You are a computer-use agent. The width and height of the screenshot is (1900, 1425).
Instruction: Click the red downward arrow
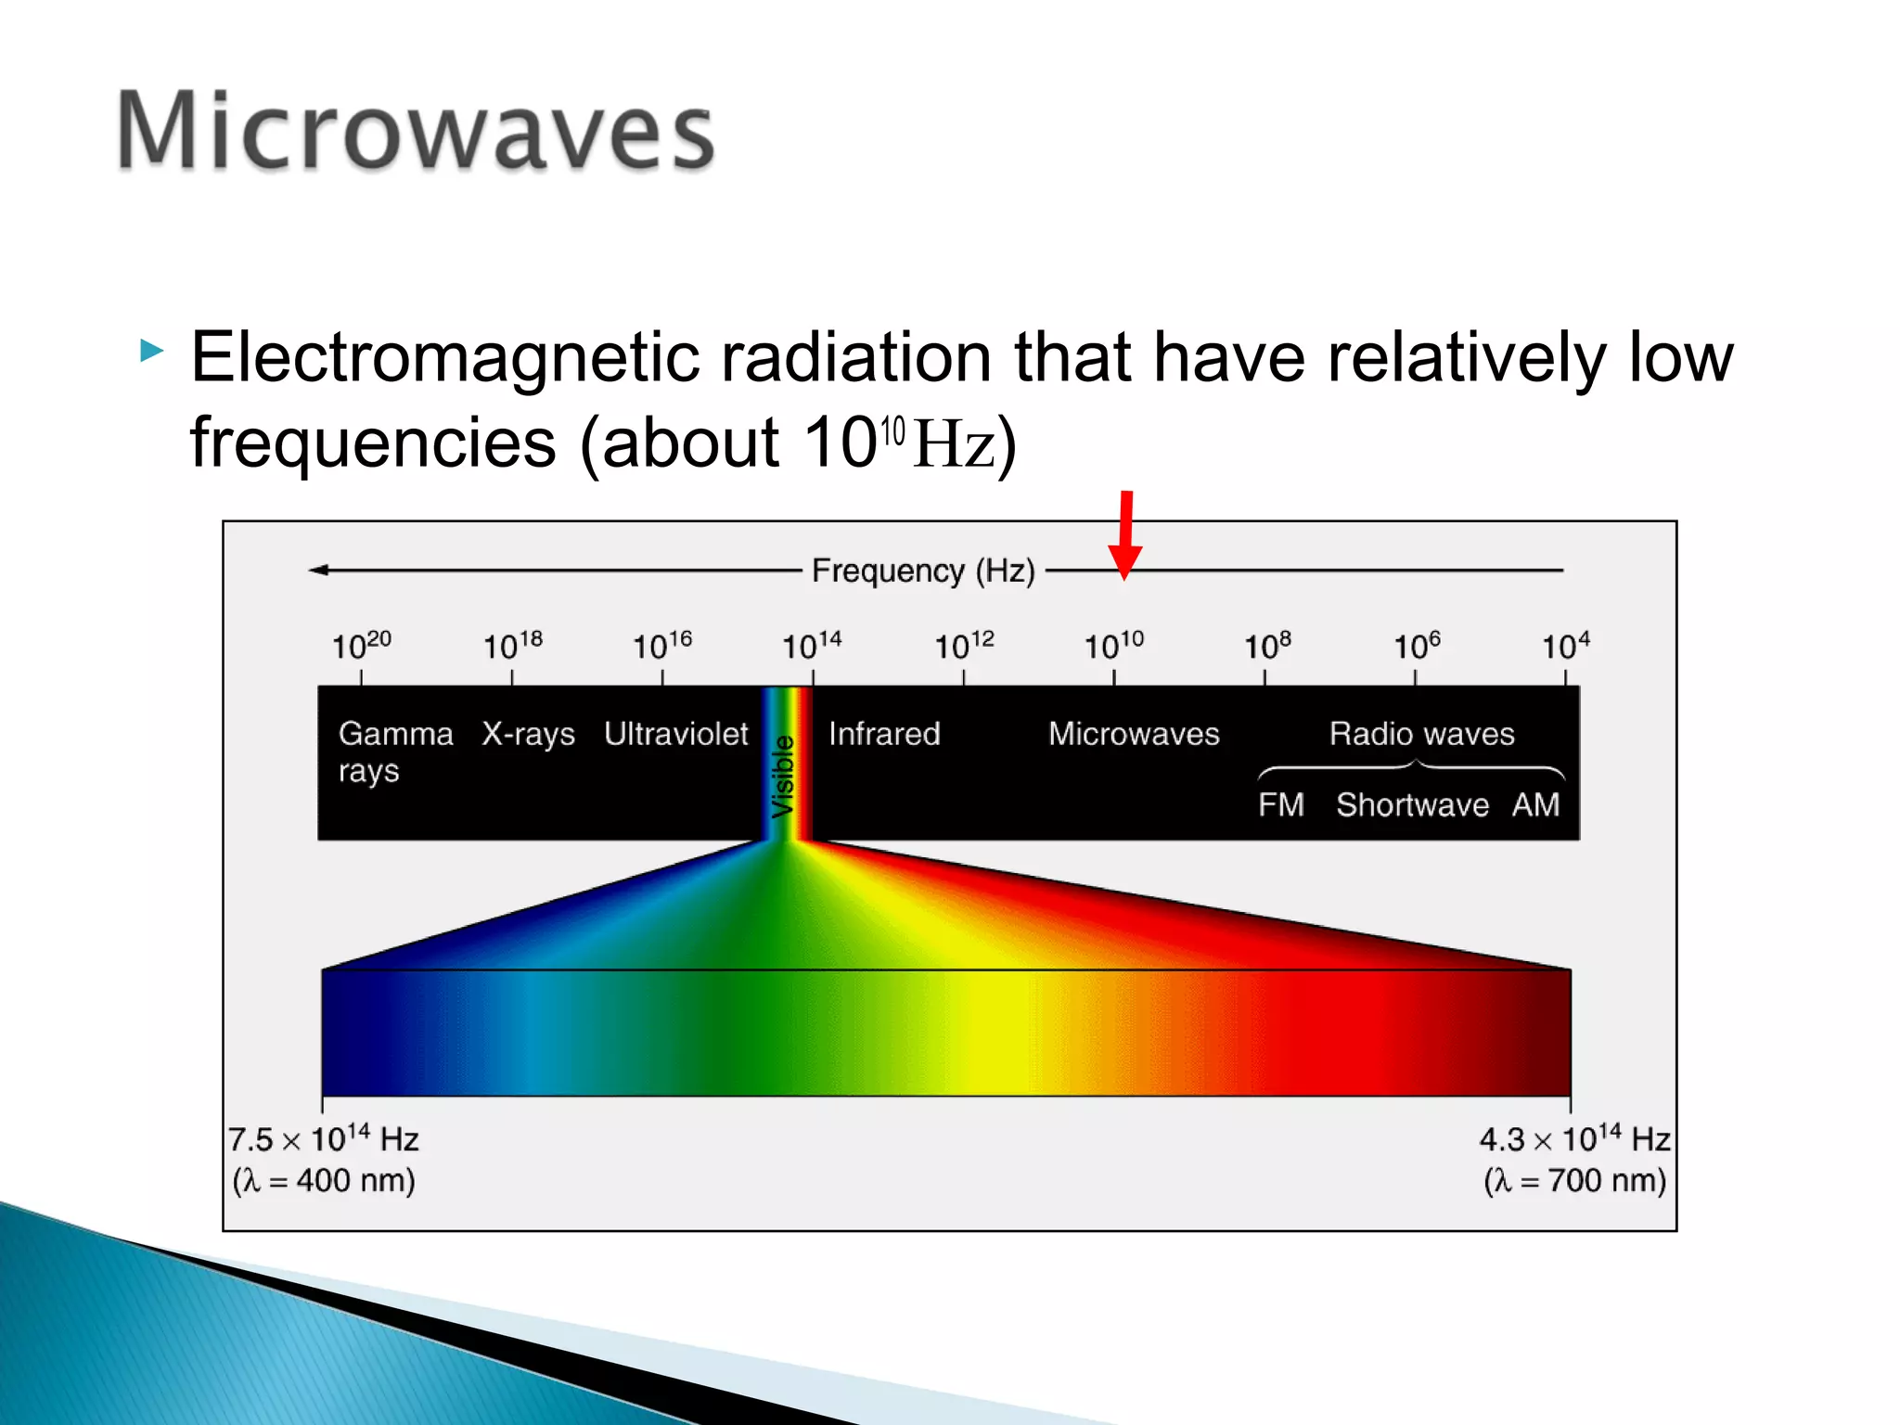(x=1125, y=536)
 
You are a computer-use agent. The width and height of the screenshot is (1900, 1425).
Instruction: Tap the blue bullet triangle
(x=151, y=351)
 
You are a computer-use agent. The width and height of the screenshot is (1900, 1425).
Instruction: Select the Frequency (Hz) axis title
(x=922, y=570)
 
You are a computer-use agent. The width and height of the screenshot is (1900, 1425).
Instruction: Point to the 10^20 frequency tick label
(x=361, y=645)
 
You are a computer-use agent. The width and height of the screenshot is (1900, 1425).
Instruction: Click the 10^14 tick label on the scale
(x=811, y=645)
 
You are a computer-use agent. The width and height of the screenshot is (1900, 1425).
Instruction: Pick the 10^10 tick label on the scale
(x=1113, y=645)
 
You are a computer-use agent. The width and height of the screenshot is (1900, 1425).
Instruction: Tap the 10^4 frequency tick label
(x=1565, y=645)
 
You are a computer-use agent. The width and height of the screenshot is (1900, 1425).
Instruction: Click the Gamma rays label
(x=394, y=751)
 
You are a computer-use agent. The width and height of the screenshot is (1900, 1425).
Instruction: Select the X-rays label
(x=528, y=734)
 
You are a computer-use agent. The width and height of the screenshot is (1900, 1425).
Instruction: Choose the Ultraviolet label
(x=675, y=734)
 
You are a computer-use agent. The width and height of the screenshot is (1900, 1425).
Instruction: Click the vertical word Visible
(x=784, y=776)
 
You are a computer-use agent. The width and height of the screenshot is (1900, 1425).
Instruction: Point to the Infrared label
(x=883, y=734)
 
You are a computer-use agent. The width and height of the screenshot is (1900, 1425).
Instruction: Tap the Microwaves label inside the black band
(x=1134, y=734)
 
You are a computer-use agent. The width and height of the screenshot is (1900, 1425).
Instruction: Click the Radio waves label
(x=1421, y=734)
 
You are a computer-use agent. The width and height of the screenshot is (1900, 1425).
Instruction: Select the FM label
(x=1280, y=804)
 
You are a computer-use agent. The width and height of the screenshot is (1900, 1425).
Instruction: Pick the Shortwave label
(x=1412, y=804)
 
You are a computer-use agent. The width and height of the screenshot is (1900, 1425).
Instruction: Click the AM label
(x=1535, y=804)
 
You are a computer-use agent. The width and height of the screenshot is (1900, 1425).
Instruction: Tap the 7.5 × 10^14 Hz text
(x=324, y=1138)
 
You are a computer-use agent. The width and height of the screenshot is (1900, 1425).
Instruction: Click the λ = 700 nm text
(x=1574, y=1180)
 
